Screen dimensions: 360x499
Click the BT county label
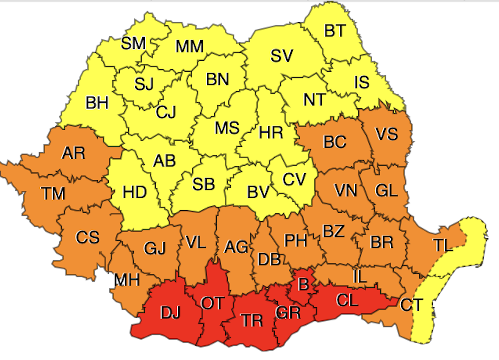[x=335, y=31]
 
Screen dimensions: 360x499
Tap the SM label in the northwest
[x=133, y=43]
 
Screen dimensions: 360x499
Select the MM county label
[x=190, y=46]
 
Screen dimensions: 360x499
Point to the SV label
[x=281, y=56]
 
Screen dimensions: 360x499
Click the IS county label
[x=362, y=82]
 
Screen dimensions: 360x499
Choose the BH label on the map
[x=97, y=103]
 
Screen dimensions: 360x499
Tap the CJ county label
[x=166, y=112]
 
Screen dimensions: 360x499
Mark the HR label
[x=271, y=133]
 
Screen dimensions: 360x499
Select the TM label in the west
[x=54, y=194]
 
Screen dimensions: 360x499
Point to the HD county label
[x=135, y=192]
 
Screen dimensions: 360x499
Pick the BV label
[x=258, y=192]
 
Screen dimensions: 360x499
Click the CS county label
[x=87, y=237]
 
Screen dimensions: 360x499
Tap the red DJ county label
[x=170, y=312]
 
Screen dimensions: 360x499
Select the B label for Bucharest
[x=303, y=285]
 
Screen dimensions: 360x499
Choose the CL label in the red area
[x=347, y=300]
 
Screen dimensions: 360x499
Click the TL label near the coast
[x=442, y=245]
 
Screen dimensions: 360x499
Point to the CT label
[x=411, y=305]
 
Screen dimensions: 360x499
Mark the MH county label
[x=127, y=280]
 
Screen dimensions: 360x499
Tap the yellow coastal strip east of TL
[x=474, y=235]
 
